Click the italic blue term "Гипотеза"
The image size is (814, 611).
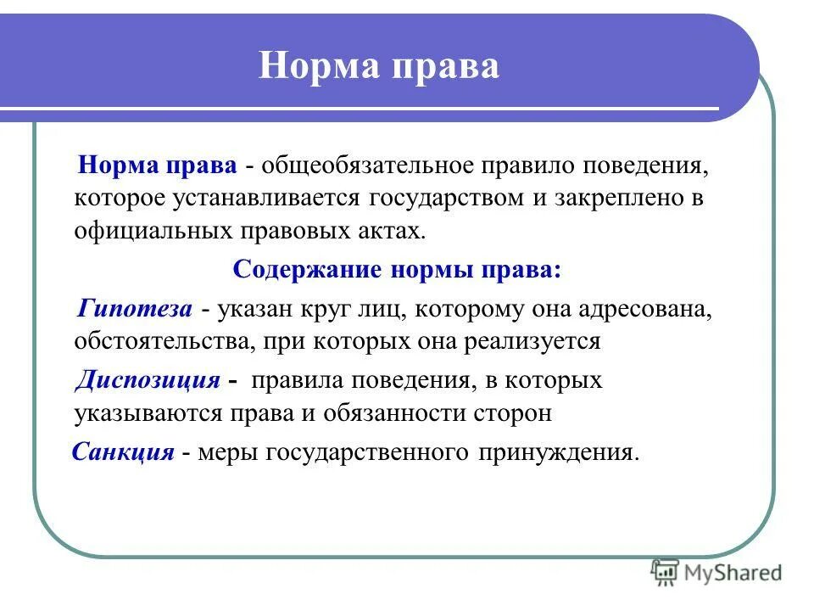click(x=136, y=309)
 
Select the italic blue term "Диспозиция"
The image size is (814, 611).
click(x=148, y=379)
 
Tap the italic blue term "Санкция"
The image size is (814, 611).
click(x=124, y=451)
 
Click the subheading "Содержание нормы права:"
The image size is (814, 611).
click(x=397, y=271)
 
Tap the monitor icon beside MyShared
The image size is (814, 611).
click(x=666, y=574)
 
